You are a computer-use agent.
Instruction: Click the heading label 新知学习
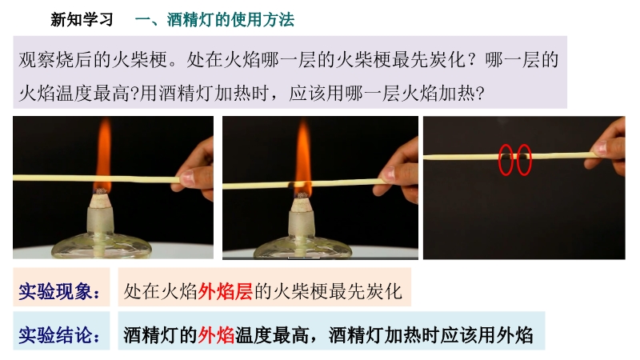(82, 19)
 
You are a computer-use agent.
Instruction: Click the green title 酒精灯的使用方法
(230, 19)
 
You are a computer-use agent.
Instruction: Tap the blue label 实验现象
(58, 291)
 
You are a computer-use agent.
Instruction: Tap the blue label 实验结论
(58, 334)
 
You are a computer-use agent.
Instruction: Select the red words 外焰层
(226, 291)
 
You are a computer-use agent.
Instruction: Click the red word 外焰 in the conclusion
(216, 335)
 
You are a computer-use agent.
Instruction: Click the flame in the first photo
(103, 155)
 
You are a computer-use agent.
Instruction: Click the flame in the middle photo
(303, 158)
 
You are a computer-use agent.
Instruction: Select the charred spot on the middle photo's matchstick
(293, 185)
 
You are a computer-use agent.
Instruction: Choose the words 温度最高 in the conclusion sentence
(272, 335)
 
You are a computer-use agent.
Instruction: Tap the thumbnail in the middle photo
(388, 174)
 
